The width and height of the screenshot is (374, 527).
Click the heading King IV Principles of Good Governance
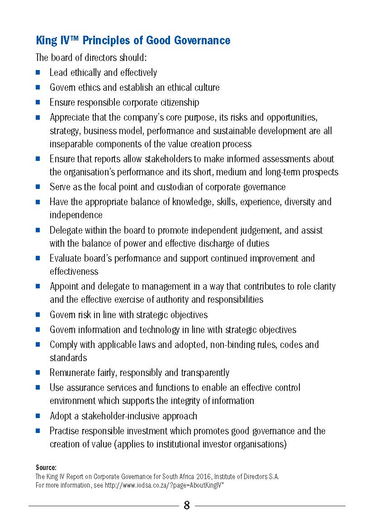(x=133, y=41)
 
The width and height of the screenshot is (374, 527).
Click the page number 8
(x=187, y=505)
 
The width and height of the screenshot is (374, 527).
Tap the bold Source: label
(x=46, y=467)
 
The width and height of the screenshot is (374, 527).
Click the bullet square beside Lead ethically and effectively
(x=38, y=72)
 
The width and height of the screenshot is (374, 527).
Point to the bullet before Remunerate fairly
(x=38, y=373)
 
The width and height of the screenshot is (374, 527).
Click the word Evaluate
(x=66, y=258)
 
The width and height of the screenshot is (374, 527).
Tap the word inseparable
(x=71, y=144)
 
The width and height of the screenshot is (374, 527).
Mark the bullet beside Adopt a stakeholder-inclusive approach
(x=38, y=416)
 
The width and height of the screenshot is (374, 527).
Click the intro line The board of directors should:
(x=91, y=58)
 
